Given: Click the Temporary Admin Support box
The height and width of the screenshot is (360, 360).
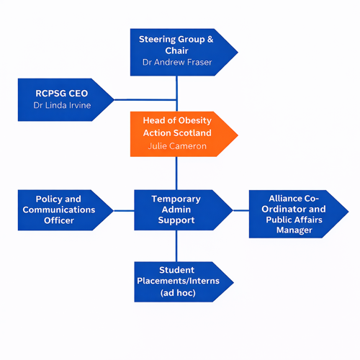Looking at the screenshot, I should pos(176,210).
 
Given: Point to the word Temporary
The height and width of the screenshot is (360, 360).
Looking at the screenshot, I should pos(176,199).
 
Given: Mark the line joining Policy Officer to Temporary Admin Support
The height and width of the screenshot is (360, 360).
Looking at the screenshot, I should pos(124,210).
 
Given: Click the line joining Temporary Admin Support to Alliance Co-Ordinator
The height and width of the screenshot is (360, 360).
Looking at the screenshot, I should pos(241,210).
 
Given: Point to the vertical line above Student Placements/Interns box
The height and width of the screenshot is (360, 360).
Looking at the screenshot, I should pos(176,246).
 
